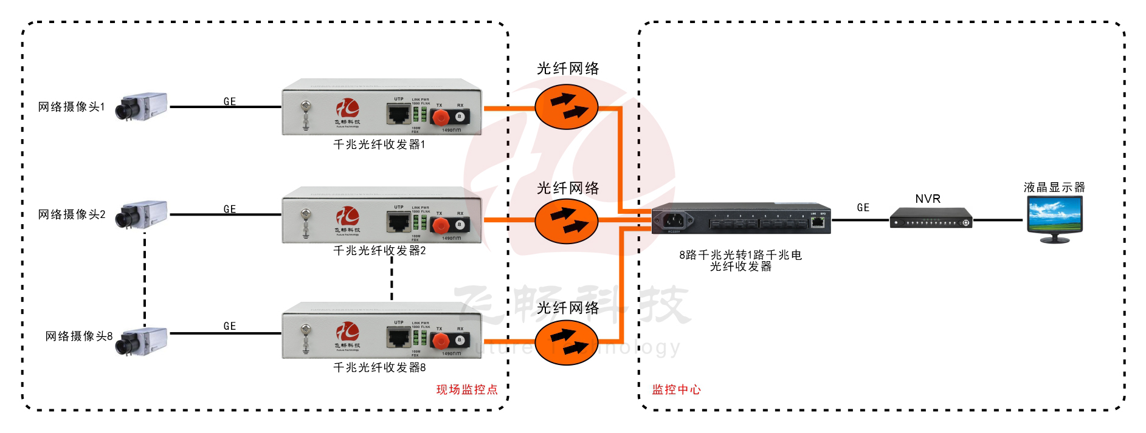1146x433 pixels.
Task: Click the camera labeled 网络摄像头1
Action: tap(142, 107)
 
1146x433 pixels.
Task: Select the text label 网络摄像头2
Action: tap(72, 214)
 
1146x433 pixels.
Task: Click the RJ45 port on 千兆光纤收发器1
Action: tap(399, 114)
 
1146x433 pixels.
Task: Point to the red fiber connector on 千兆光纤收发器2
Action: tap(440, 225)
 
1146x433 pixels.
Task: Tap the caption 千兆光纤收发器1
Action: tap(379, 145)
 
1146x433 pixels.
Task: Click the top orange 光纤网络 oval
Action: tap(567, 107)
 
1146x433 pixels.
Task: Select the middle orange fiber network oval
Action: tap(567, 221)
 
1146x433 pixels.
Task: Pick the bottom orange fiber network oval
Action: tap(567, 343)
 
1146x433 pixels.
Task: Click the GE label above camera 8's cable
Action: tap(229, 326)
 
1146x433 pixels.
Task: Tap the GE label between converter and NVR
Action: tap(863, 208)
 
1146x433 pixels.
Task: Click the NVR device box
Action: tap(930, 218)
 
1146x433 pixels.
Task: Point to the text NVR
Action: tap(928, 199)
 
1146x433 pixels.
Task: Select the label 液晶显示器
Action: tap(1054, 187)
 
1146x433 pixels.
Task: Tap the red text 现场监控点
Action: tap(466, 390)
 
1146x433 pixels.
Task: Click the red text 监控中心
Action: tap(676, 390)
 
